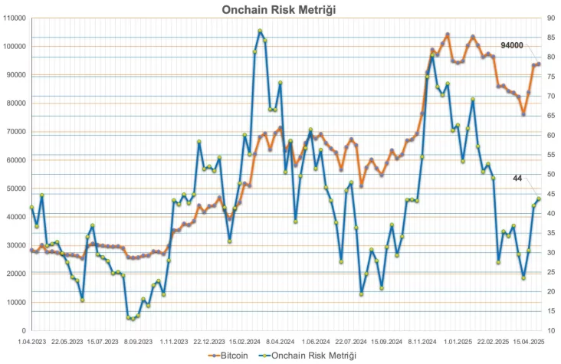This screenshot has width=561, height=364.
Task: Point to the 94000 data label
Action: click(x=511, y=46)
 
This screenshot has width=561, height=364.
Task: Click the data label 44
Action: click(x=517, y=179)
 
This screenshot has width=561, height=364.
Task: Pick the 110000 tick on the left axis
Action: click(x=15, y=18)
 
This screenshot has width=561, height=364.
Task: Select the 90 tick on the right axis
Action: click(x=550, y=18)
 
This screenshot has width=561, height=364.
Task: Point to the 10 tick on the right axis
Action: click(x=550, y=331)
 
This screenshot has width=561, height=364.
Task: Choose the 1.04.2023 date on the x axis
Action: click(x=31, y=343)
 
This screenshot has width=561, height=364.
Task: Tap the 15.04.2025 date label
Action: click(x=529, y=343)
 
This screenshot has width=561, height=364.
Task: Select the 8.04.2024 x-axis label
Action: click(x=280, y=343)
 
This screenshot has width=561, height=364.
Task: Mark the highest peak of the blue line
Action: click(x=260, y=31)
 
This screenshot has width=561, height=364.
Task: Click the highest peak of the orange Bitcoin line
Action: click(x=448, y=34)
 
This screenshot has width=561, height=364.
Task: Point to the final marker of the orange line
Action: click(x=539, y=64)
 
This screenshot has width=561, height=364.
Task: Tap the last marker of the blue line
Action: click(x=539, y=198)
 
